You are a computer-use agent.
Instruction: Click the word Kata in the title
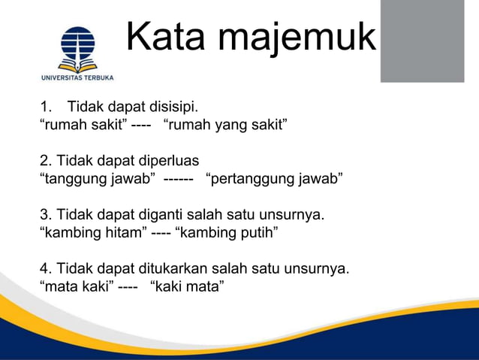160,37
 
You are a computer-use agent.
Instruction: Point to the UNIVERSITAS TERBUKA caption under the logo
77,77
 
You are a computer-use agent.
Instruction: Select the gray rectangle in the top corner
422,41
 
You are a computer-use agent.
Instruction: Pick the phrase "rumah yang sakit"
225,123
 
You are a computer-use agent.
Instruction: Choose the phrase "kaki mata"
187,286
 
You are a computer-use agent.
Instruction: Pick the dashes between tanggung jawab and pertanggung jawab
179,178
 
